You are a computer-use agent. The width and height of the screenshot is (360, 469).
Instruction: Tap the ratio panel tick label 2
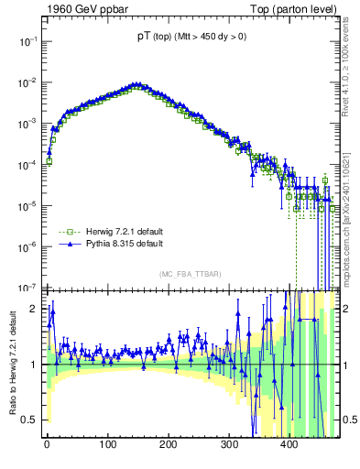tap(32, 309)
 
